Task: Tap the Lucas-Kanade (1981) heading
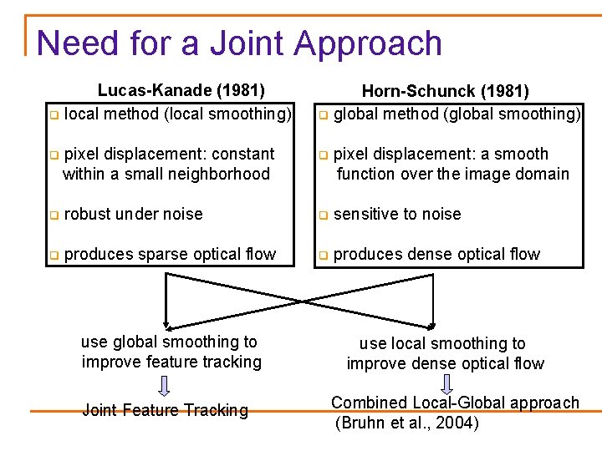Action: point(181,90)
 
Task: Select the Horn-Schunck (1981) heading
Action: point(445,91)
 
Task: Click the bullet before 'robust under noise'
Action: point(54,215)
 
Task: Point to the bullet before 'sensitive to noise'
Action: point(323,215)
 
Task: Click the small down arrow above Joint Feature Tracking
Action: point(165,385)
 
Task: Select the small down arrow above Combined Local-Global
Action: point(445,385)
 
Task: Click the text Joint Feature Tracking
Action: point(165,410)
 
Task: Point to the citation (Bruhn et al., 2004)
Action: point(407,423)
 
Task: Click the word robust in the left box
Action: point(87,214)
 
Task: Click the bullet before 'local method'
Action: point(54,114)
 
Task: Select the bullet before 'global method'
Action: point(323,114)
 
